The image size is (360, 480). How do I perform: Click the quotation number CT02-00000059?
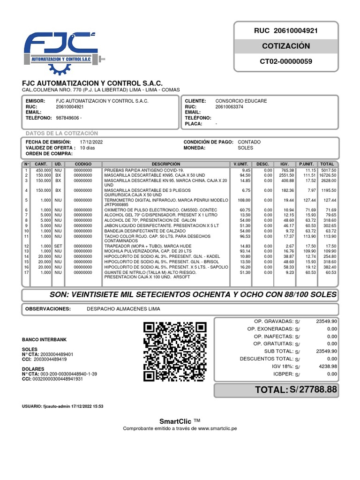[x=285, y=61]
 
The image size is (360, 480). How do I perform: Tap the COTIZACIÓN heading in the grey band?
[x=285, y=46]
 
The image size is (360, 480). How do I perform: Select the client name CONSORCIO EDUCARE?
[x=241, y=101]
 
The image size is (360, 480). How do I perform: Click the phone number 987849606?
[x=69, y=118]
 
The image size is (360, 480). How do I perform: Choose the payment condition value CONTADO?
[x=249, y=142]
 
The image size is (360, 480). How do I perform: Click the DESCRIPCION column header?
[x=165, y=164]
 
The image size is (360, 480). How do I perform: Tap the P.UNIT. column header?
[x=306, y=164]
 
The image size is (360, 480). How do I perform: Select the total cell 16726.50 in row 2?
[x=328, y=175]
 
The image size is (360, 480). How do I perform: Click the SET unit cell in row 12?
[x=58, y=246]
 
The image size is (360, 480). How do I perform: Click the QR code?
[x=175, y=352]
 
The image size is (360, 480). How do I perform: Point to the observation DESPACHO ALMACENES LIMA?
[x=123, y=309]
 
